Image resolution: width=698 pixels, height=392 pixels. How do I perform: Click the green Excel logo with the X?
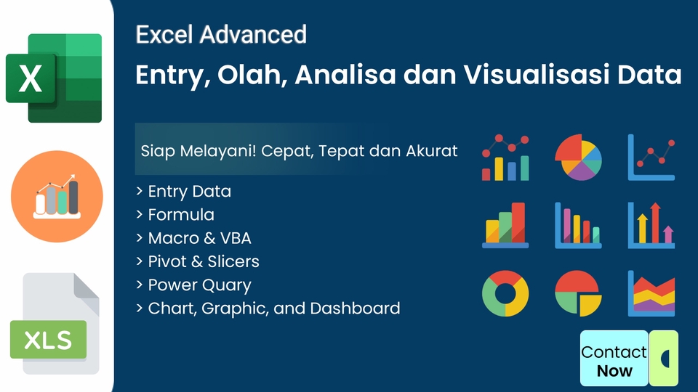(54, 78)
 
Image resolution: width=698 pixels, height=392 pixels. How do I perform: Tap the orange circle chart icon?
(57, 196)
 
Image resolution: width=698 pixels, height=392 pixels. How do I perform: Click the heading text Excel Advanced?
(221, 34)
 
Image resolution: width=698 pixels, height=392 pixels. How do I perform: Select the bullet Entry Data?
(189, 192)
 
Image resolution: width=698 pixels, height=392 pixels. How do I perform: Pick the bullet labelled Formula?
(181, 215)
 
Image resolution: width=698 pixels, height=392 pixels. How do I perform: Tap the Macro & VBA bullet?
(199, 238)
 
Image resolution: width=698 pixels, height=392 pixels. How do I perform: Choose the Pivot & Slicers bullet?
(204, 261)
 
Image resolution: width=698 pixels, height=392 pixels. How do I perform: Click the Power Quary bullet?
(199, 285)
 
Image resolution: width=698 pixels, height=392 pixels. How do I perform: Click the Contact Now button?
(614, 360)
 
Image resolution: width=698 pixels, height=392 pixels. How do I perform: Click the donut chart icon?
(505, 294)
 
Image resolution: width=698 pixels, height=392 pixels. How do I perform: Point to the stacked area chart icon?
(651, 294)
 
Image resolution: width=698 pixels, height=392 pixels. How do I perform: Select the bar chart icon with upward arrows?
(651, 226)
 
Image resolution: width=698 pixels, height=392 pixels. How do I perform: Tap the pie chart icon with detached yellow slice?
(578, 294)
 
